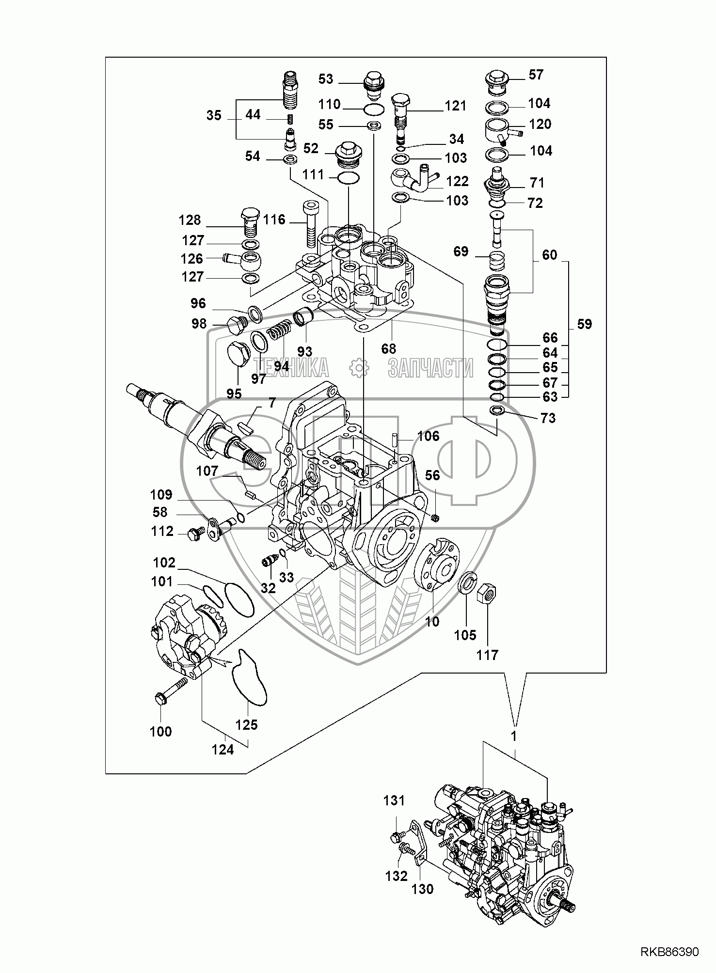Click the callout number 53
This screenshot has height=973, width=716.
(x=326, y=78)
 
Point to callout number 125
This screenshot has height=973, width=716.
(x=247, y=725)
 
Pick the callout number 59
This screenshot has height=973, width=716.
(x=585, y=324)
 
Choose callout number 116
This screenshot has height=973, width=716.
(x=274, y=220)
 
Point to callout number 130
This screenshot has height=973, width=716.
(x=423, y=889)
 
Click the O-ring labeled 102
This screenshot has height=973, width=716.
(x=239, y=599)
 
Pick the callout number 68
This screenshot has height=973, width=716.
(x=389, y=348)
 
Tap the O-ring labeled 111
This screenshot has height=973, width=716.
(x=348, y=178)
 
